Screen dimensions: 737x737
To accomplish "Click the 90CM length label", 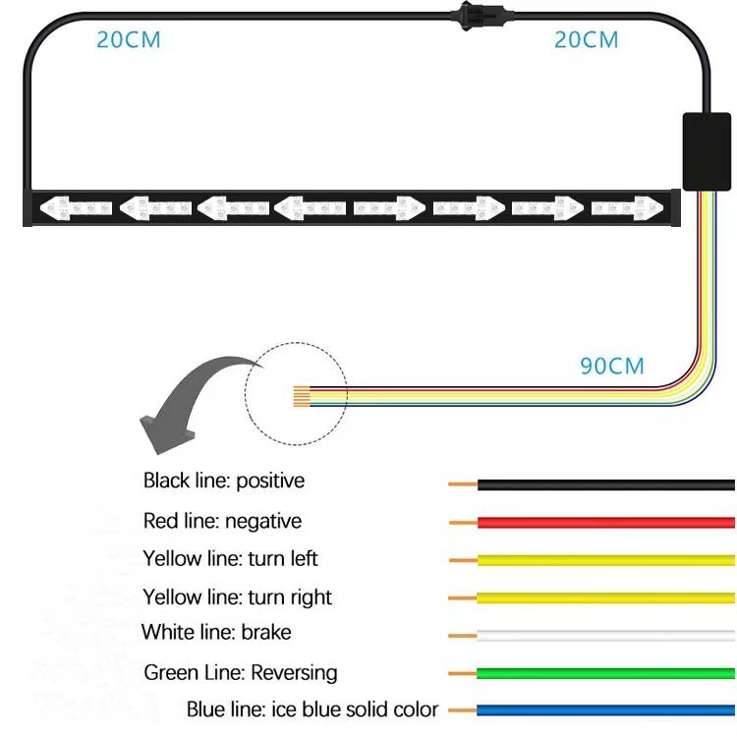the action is coord(612,366).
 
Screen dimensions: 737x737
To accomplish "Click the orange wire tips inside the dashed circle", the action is coord(301,397).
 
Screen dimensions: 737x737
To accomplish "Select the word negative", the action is coord(264,521).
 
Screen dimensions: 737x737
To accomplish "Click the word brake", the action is coord(265,632).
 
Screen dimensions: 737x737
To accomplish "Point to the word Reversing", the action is coord(294,672).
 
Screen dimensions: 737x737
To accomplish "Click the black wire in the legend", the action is coord(605,484).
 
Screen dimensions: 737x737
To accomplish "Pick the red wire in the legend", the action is coord(605,522).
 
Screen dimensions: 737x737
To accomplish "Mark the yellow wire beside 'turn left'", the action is coord(605,560).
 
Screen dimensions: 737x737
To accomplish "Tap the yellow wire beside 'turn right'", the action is coord(605,597).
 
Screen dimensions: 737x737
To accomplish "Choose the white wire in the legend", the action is coord(605,635).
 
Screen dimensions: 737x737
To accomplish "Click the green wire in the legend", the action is coord(605,673).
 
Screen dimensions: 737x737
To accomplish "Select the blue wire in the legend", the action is coord(605,709).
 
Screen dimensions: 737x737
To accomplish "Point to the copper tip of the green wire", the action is coord(462,673).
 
